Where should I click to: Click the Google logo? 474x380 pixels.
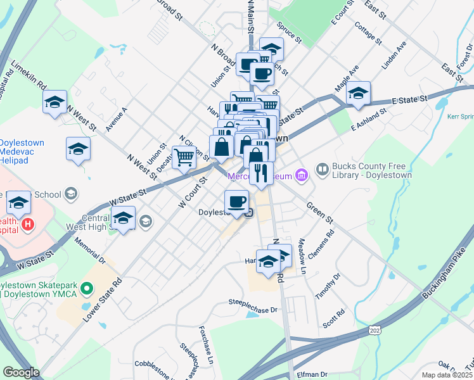(21, 372)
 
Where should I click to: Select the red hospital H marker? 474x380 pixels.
(27, 224)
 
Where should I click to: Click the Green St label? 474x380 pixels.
(319, 213)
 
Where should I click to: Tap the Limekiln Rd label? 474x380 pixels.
(29, 73)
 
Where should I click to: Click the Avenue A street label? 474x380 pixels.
(117, 118)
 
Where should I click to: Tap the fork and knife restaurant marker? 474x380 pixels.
(261, 172)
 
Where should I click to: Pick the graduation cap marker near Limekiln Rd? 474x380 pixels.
(55, 101)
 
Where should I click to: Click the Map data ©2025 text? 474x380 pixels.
(447, 375)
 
